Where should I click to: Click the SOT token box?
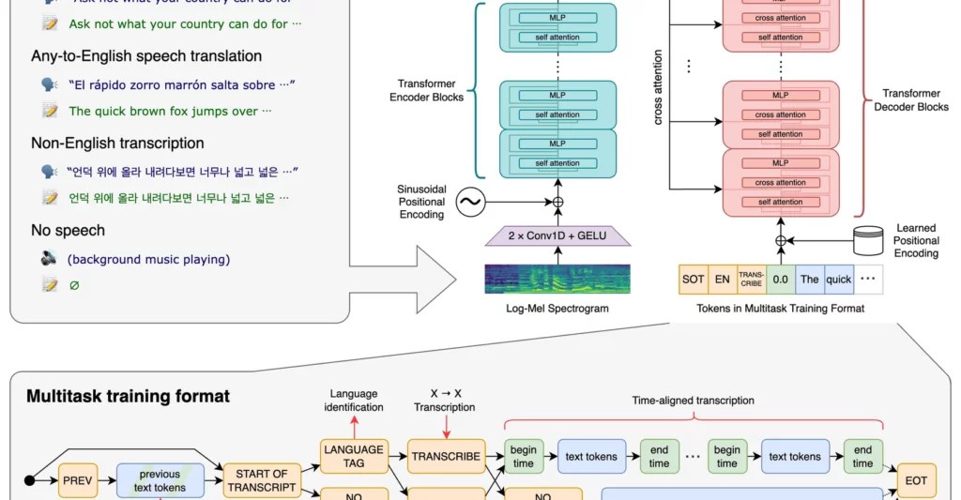[x=693, y=280]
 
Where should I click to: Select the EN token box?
[x=723, y=280]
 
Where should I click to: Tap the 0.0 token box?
[x=780, y=280]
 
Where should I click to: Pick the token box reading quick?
[x=838, y=280]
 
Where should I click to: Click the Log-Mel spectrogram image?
[x=557, y=282]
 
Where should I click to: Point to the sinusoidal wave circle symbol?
[x=469, y=202]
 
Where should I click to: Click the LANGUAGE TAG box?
[x=353, y=456]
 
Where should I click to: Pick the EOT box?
[x=916, y=479]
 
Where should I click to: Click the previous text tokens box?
[x=160, y=479]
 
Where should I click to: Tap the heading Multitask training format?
[x=128, y=397]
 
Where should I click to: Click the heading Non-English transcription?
[x=117, y=144]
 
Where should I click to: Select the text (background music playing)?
[x=148, y=259]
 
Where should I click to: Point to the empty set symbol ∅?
[x=74, y=285]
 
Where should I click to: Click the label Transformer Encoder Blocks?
[x=430, y=89]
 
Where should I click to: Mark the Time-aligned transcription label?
[x=694, y=401]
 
